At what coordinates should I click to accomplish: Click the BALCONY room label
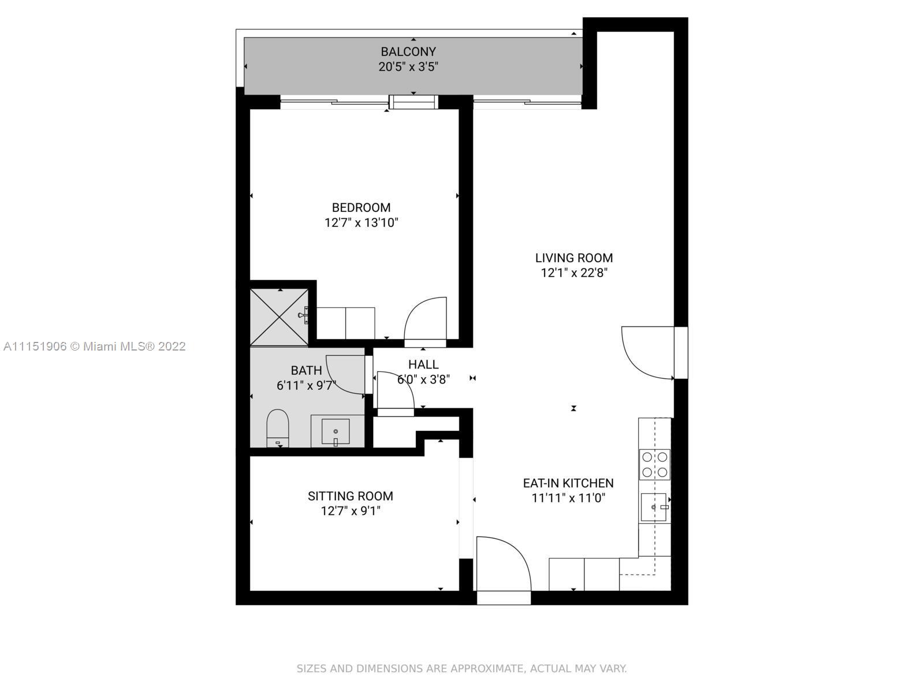tap(408, 52)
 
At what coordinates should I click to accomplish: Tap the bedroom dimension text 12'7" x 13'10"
tap(361, 222)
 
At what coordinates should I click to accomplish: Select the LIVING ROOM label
tap(574, 258)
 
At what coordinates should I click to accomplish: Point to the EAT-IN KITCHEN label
tap(568, 483)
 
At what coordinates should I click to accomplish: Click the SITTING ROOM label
tap(350, 496)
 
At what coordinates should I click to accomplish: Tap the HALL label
tap(423, 364)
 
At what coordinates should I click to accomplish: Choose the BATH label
tap(306, 370)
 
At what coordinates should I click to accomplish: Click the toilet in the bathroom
tap(277, 428)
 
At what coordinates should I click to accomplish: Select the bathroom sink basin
tap(336, 431)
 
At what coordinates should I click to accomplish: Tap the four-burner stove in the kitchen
tap(654, 464)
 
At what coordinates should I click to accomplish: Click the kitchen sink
tap(654, 507)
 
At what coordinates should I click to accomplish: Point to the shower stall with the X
tap(280, 317)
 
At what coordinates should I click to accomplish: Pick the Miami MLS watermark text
tap(95, 346)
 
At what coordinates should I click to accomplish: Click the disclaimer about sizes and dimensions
tap(462, 669)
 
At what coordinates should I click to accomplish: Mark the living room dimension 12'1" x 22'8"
tap(574, 273)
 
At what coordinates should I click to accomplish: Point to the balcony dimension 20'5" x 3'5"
tap(408, 67)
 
